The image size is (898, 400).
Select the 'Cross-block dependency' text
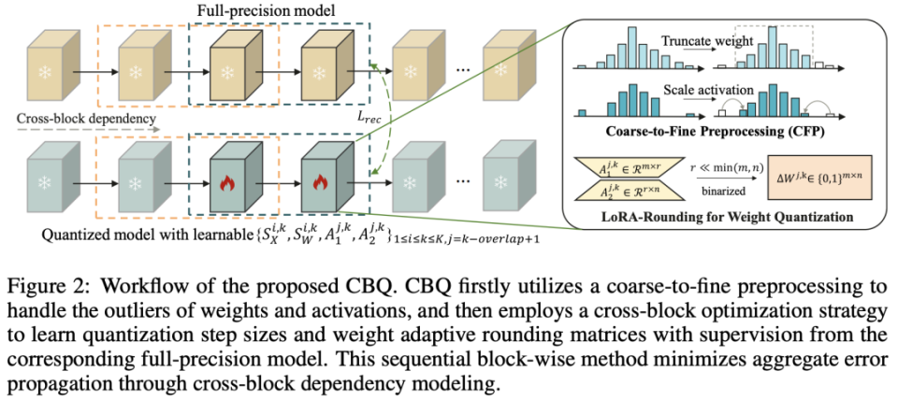[x=86, y=119]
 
